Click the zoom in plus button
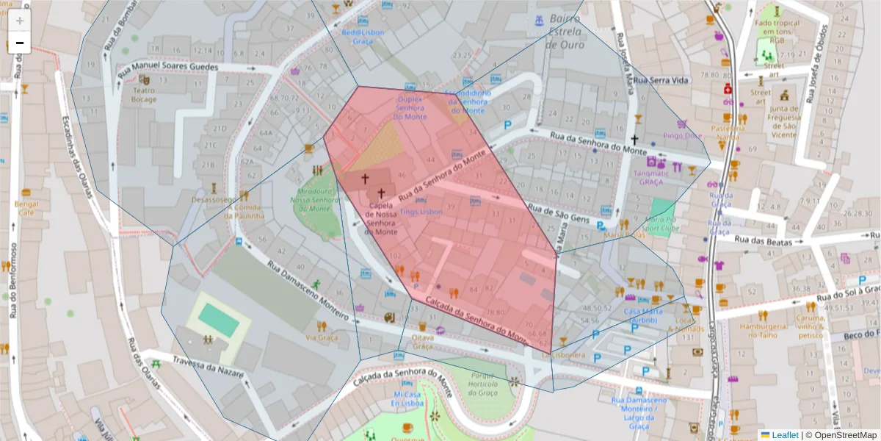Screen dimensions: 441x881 point(20,21)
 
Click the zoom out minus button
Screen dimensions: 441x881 point(20,43)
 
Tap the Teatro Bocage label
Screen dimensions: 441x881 point(144,94)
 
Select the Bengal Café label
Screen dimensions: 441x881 point(26,207)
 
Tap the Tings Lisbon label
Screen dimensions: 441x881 point(421,212)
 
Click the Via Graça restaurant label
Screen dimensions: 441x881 point(321,337)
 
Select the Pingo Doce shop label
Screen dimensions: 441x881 point(683,135)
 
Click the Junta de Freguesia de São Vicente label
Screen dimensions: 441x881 point(785,118)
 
